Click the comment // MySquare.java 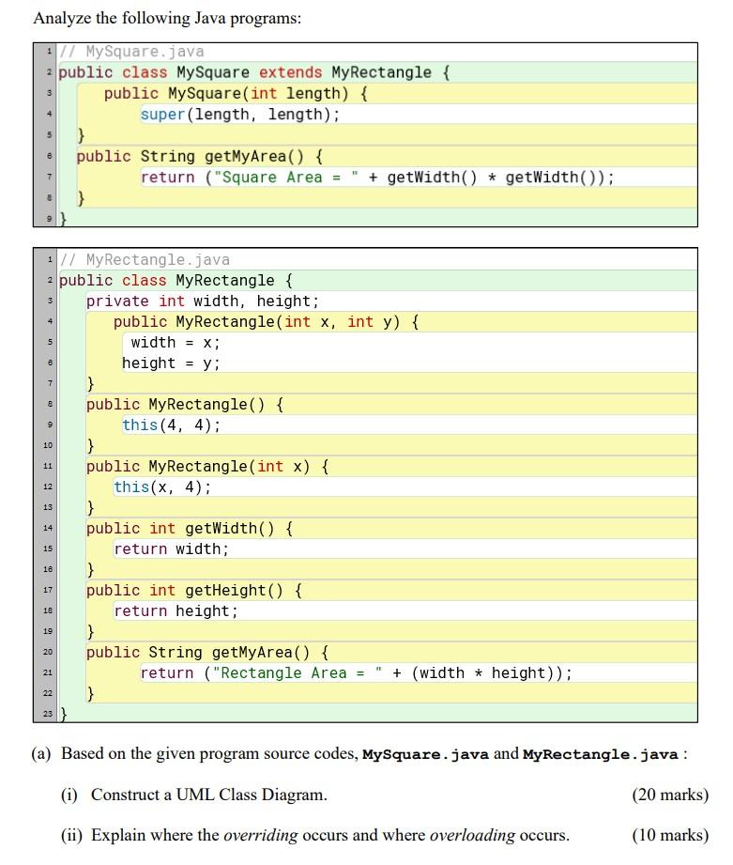click(x=131, y=52)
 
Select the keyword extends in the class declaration click(x=290, y=72)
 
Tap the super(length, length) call click(x=239, y=115)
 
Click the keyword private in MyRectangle click(x=117, y=301)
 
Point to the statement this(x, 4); click(x=161, y=487)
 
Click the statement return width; click(x=171, y=549)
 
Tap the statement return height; click(x=176, y=611)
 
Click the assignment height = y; click(x=171, y=363)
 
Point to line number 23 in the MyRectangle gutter click(x=46, y=715)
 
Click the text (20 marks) click(x=670, y=795)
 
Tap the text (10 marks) click(x=670, y=835)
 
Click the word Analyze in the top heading click(x=63, y=19)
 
